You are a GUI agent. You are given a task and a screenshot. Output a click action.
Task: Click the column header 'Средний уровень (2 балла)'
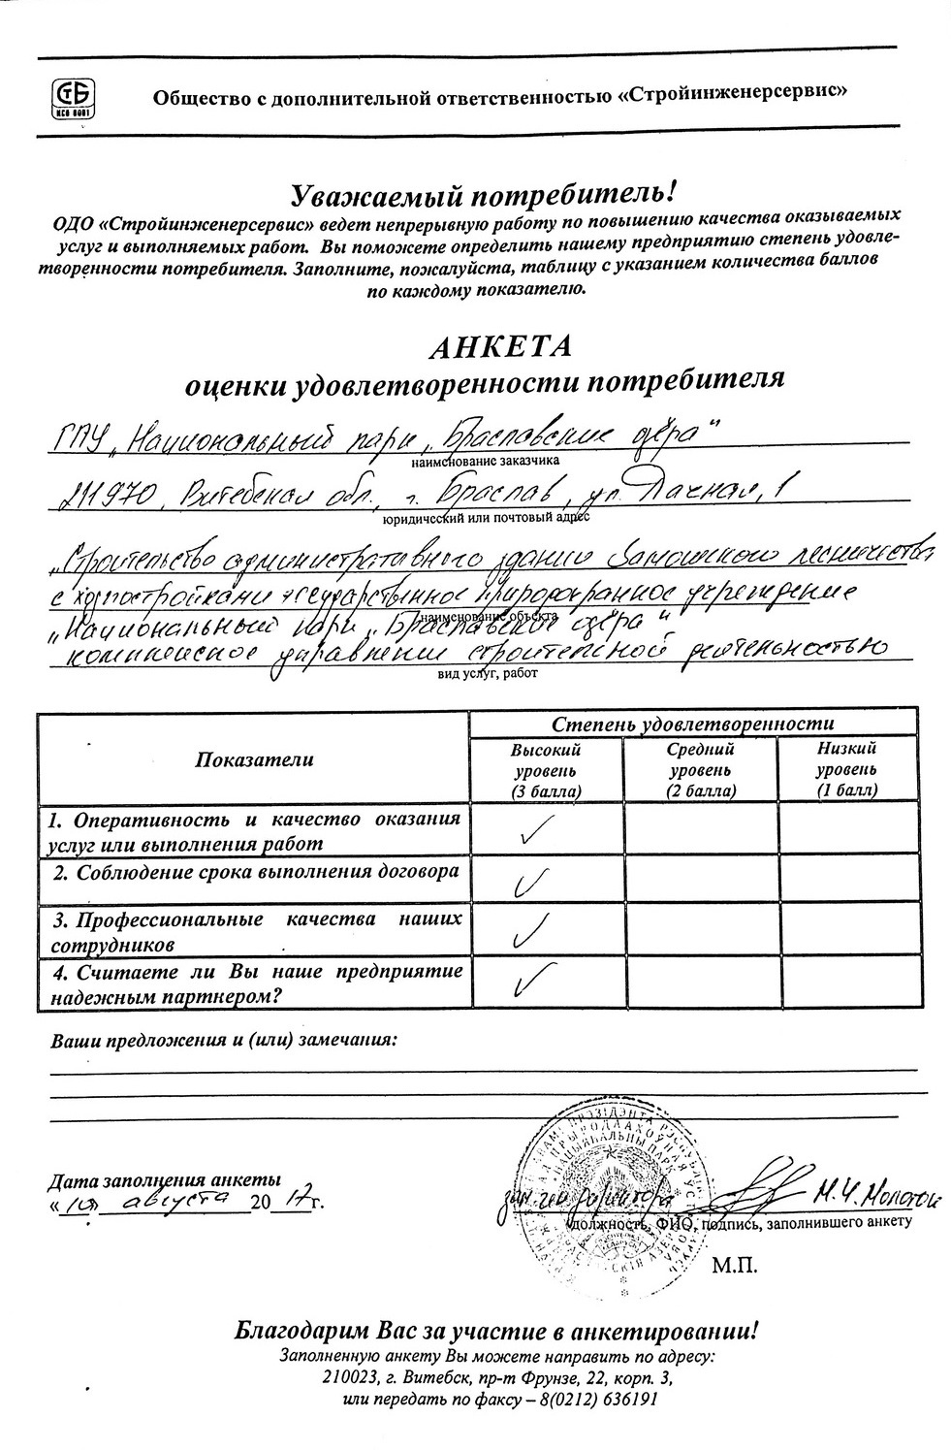pos(701,770)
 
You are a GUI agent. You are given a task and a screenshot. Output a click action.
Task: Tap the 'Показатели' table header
pos(254,759)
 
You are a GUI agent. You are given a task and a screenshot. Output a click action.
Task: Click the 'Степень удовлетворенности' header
pos(693,725)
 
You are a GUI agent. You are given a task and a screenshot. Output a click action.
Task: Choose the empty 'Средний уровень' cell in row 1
pos(701,828)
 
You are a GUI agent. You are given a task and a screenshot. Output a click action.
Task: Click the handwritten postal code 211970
pos(96,497)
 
